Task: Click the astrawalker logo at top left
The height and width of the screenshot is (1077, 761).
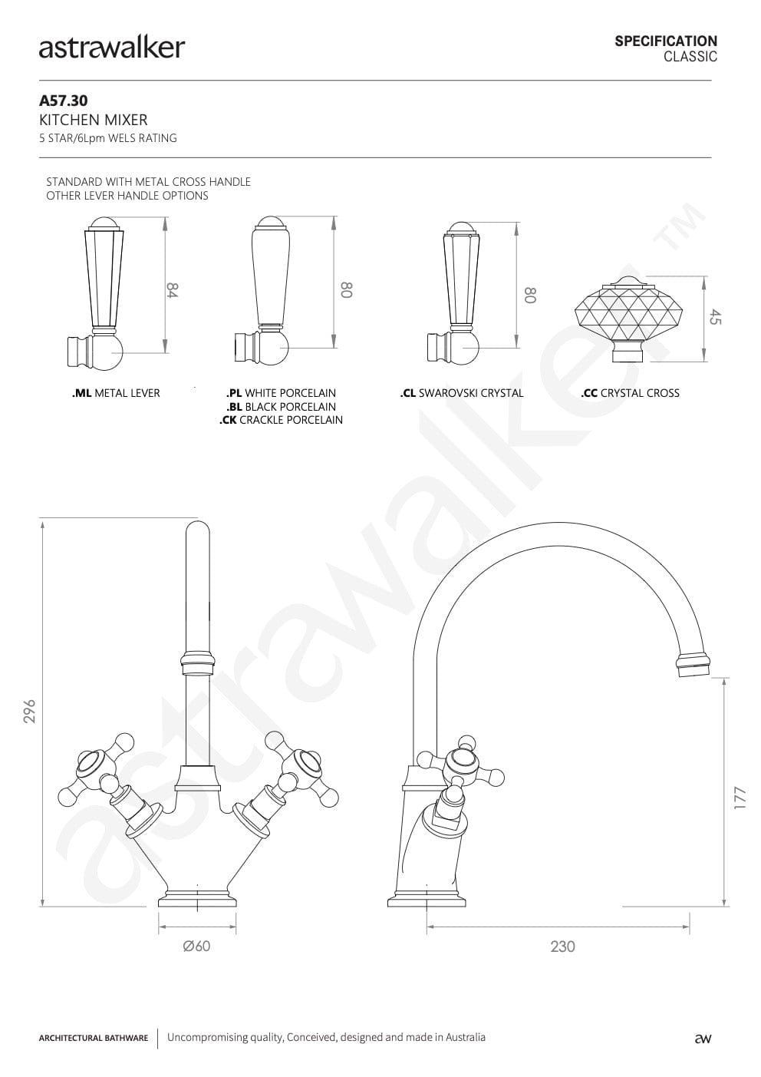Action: coord(112,48)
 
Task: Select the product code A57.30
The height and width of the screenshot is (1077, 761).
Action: coord(64,101)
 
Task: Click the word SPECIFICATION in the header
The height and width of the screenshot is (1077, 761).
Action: coord(666,41)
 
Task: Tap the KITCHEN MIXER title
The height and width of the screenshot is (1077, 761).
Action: coord(93,120)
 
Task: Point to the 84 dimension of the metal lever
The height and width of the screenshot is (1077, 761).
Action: coord(172,290)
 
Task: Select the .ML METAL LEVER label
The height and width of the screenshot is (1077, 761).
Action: coord(116,393)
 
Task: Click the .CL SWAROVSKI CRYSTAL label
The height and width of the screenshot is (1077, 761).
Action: coord(462,393)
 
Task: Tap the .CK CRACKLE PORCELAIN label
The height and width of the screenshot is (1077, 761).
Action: coord(281,420)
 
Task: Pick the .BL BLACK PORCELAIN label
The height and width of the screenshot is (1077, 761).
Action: coord(281,407)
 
